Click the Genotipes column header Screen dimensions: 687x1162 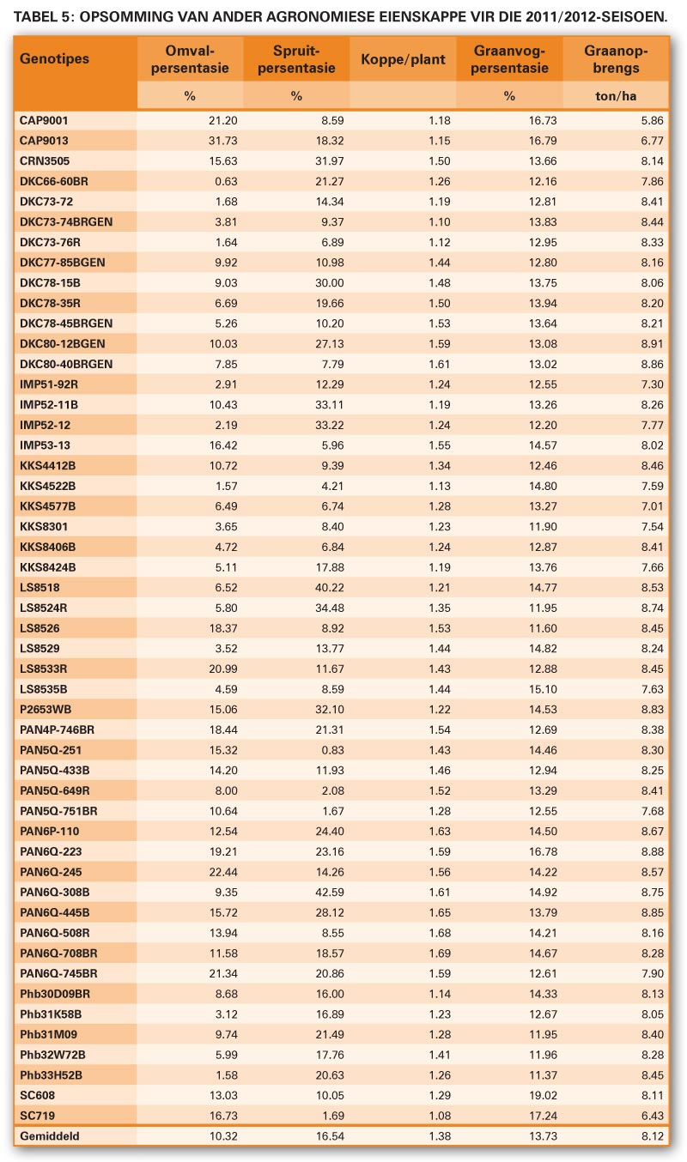[x=54, y=58]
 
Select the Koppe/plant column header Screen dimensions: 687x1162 [x=403, y=59]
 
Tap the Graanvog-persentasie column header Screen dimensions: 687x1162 [x=509, y=59]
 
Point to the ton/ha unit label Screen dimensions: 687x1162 [x=616, y=96]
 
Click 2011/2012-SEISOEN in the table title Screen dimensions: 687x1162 [x=596, y=17]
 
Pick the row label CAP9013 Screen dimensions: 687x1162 [x=44, y=141]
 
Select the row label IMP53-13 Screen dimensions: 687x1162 [x=45, y=445]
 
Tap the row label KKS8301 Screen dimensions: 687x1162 [x=44, y=527]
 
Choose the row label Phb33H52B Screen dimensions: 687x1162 [x=51, y=1074]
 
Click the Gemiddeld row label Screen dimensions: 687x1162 [x=49, y=1136]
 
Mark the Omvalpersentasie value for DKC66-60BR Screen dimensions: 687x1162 [x=226, y=181]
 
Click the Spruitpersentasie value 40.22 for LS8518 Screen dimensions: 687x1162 [x=329, y=587]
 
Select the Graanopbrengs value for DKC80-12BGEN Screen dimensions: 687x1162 [x=652, y=343]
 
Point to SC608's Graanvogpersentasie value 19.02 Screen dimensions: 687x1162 [x=543, y=1095]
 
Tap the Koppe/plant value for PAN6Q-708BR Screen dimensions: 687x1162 [x=440, y=953]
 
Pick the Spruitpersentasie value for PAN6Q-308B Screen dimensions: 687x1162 [x=329, y=893]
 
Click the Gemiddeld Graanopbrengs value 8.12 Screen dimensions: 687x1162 [x=652, y=1136]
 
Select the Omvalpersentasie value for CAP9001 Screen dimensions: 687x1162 [x=223, y=120]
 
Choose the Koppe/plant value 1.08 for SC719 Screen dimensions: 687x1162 [x=440, y=1116]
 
